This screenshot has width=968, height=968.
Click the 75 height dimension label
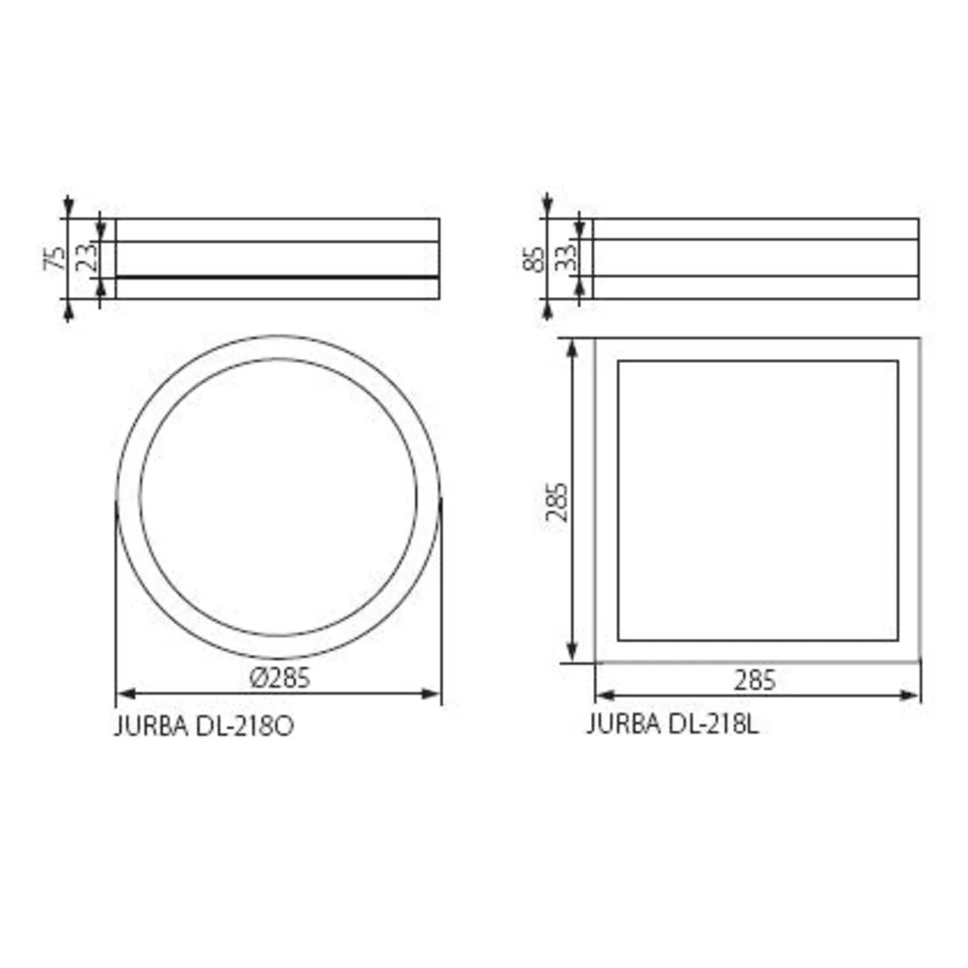click(x=56, y=258)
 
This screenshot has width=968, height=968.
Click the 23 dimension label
click(x=86, y=257)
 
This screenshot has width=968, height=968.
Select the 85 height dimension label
click(x=534, y=259)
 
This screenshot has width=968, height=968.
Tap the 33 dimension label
click(x=565, y=257)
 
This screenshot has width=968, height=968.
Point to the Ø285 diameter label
click(x=280, y=678)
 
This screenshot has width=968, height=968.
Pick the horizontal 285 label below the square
click(x=755, y=681)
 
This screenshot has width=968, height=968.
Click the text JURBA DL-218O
click(x=204, y=726)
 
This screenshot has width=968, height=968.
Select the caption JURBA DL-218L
click(x=673, y=724)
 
